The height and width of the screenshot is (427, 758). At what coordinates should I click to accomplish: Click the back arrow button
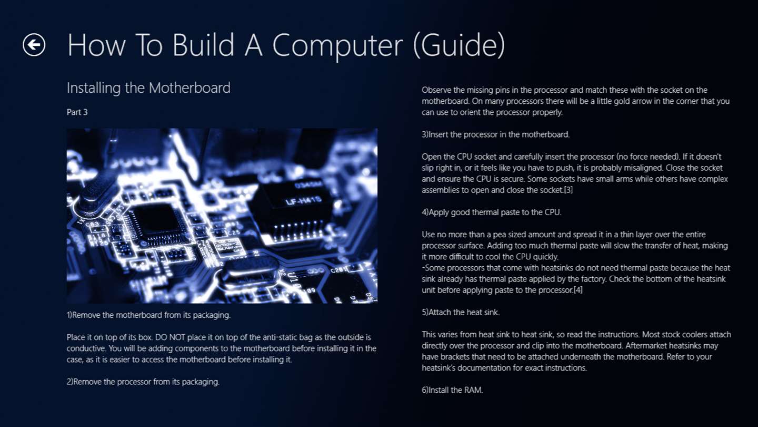[x=34, y=45]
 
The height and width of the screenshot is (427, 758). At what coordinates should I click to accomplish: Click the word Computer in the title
[x=337, y=46]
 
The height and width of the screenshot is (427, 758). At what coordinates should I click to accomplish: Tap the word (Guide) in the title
[x=459, y=46]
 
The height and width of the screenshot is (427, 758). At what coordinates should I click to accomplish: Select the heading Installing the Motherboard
[x=148, y=88]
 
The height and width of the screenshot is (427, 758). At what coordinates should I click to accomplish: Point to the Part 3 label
[x=77, y=112]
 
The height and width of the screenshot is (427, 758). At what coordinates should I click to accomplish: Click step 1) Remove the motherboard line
[x=148, y=315]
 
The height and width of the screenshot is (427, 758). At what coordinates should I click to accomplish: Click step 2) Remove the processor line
[x=143, y=382]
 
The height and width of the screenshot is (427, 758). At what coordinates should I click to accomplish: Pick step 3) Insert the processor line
[x=496, y=134]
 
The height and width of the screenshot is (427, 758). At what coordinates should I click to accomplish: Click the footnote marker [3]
[x=568, y=190]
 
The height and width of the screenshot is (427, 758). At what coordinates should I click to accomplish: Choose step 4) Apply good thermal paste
[x=491, y=212]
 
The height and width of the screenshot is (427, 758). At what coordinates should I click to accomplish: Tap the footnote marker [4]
[x=578, y=290]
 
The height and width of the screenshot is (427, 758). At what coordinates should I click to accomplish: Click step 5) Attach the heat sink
[x=461, y=313]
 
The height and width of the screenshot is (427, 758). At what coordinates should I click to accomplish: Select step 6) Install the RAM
[x=453, y=390]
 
